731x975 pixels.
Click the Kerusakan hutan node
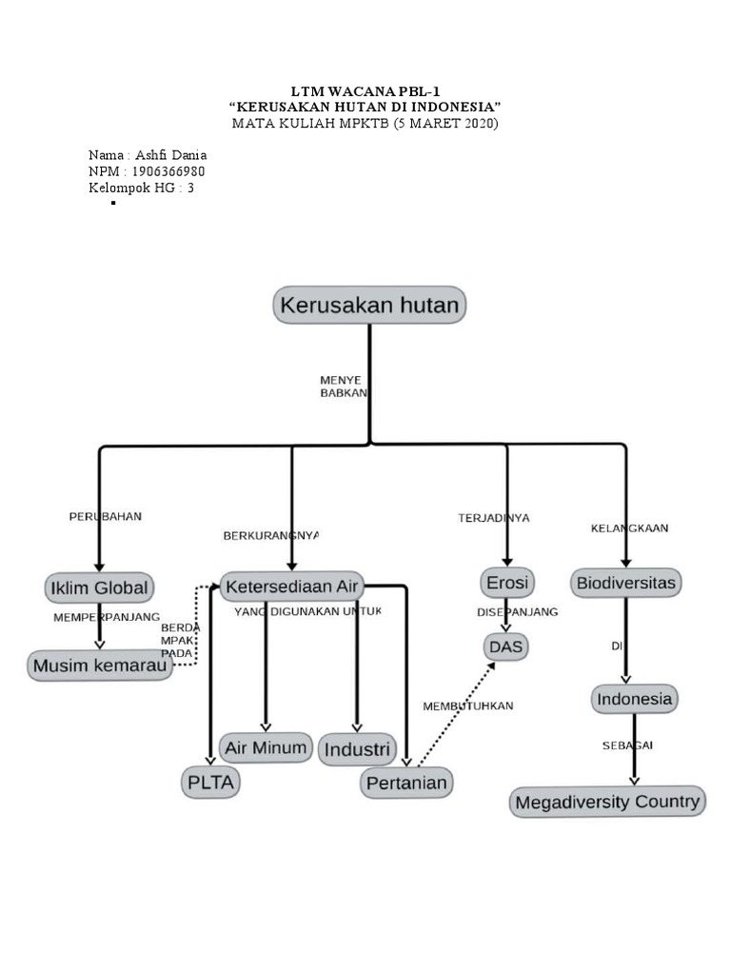tap(369, 306)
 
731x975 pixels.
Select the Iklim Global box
tap(99, 587)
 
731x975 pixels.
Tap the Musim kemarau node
tap(100, 667)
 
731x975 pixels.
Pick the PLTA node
tap(210, 783)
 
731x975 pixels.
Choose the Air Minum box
tap(266, 747)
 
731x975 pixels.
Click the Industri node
tap(356, 749)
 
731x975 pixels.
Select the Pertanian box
tap(406, 783)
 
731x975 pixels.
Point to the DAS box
tap(506, 647)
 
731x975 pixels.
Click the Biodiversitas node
tap(626, 582)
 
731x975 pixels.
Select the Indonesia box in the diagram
tap(634, 699)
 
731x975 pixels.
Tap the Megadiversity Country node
tap(607, 802)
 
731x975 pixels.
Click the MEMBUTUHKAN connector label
tap(467, 706)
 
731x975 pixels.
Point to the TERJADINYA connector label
tap(493, 518)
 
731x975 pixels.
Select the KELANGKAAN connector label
tap(629, 527)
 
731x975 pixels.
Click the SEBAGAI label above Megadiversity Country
tap(627, 745)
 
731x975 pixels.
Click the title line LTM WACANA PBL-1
tap(365, 90)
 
